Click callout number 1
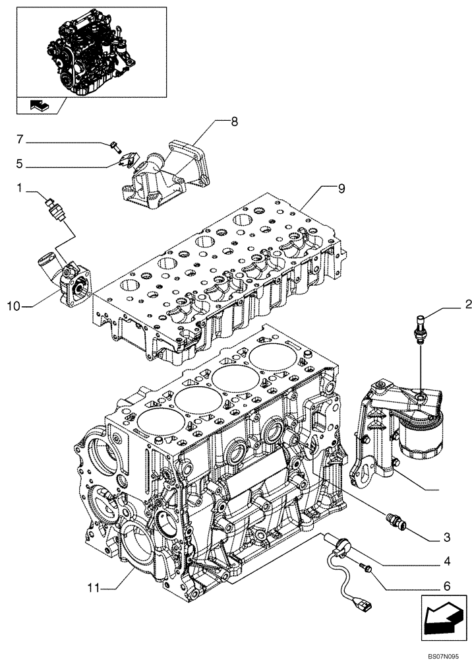[21, 188]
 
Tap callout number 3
[446, 535]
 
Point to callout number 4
[446, 562]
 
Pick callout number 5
[20, 163]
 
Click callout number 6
[446, 585]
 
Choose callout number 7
[20, 139]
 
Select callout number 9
[341, 189]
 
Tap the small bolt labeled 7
[115, 145]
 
